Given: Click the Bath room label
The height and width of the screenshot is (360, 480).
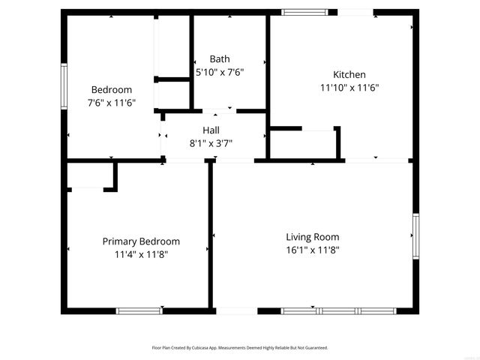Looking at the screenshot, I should [220, 59].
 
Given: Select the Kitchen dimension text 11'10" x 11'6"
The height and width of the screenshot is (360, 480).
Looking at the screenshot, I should [349, 88].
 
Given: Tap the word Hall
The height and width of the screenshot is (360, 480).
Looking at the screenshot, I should [211, 130].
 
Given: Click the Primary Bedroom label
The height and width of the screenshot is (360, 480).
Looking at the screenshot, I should [141, 241].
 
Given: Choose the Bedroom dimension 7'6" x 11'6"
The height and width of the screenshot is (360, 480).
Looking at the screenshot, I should [111, 103].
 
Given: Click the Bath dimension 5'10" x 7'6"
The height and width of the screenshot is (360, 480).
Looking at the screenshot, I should [220, 73].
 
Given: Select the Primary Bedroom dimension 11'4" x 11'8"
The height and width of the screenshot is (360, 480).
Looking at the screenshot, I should [141, 255].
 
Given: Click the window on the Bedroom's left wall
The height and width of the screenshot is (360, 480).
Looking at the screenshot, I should [64, 86].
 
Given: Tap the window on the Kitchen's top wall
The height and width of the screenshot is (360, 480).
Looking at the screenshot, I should [304, 12].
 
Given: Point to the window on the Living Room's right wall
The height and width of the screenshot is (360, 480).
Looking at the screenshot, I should [415, 236].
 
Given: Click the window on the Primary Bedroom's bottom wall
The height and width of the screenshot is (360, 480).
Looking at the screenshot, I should [139, 310].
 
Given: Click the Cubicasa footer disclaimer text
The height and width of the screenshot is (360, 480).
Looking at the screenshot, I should [240, 348].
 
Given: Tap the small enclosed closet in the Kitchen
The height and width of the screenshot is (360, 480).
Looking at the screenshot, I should [303, 145].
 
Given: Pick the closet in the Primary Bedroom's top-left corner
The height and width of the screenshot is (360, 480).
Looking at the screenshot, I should [90, 175].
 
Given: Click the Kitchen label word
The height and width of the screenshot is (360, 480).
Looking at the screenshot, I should [349, 74].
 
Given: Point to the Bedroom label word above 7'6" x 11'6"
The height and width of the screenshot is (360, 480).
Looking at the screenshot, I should [111, 90].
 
